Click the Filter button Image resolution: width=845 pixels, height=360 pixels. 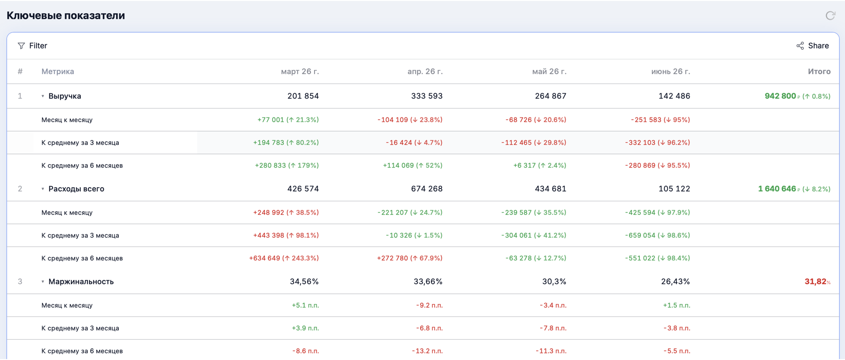(32, 46)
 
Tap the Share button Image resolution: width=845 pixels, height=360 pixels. (813, 46)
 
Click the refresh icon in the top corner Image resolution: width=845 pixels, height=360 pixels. (830, 15)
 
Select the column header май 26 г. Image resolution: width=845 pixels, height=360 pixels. (549, 71)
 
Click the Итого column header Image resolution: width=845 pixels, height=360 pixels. (819, 71)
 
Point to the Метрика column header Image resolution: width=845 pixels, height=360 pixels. (58, 71)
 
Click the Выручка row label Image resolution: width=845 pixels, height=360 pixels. (65, 96)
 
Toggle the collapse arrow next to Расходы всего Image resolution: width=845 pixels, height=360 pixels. (43, 189)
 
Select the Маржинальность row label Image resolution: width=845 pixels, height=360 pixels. (81, 282)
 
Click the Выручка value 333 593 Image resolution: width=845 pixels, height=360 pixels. (427, 96)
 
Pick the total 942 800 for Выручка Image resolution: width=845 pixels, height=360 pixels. (780, 96)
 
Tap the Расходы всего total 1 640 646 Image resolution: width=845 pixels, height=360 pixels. (777, 189)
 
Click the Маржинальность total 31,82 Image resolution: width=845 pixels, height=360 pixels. (815, 282)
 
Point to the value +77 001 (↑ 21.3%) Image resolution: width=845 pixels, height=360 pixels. (288, 120)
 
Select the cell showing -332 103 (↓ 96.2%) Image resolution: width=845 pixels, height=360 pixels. (657, 142)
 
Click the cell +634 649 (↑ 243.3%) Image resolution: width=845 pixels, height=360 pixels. (284, 258)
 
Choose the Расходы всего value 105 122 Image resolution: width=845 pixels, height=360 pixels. (674, 189)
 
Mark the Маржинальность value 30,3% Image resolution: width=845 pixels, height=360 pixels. (554, 282)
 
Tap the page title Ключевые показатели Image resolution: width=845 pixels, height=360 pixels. (66, 15)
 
